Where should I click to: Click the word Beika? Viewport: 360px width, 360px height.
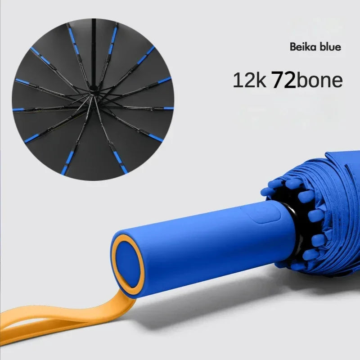click(x=302, y=47)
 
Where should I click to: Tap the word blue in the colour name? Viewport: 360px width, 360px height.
click(x=329, y=47)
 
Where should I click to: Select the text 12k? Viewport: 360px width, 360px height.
click(x=250, y=80)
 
